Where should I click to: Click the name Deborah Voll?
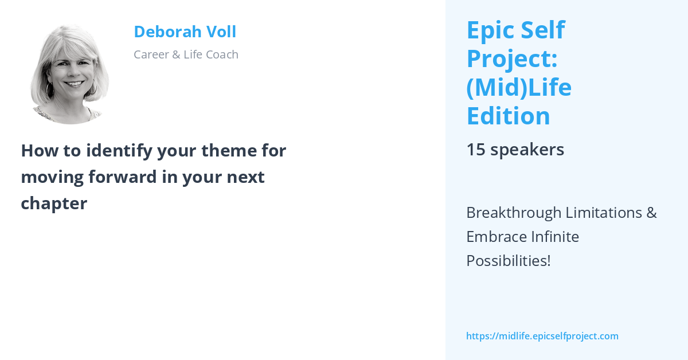point(185,32)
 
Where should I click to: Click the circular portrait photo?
point(70,74)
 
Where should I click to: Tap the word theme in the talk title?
point(234,151)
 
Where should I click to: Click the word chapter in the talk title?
point(54,203)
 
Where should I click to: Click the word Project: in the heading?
point(513,59)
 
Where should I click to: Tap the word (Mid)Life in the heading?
point(519,88)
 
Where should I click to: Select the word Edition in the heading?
point(508,116)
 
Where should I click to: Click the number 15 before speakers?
point(475,150)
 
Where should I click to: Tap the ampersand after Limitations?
point(651,213)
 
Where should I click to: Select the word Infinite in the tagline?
point(554,237)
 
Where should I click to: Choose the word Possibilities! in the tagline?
point(508,261)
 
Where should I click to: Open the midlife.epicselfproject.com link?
point(542,336)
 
